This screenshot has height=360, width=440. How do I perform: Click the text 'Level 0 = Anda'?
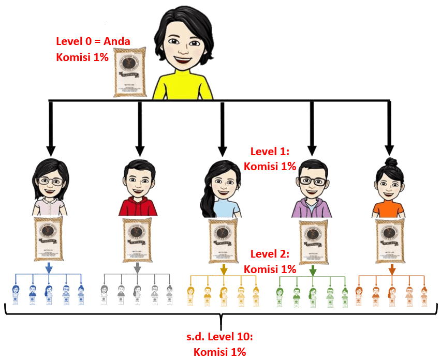click(x=93, y=41)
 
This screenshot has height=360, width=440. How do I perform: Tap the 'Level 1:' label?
click(x=270, y=152)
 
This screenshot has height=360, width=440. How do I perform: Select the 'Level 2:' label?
click(x=270, y=254)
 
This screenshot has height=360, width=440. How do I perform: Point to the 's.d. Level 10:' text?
click(x=219, y=338)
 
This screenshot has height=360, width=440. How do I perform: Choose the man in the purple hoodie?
click(x=312, y=189)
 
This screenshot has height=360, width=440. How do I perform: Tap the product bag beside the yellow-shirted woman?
click(x=130, y=72)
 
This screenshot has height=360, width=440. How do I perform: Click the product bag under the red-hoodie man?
click(x=137, y=239)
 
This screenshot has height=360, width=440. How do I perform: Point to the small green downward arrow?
click(x=313, y=269)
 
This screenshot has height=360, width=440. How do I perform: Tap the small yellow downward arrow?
click(x=224, y=269)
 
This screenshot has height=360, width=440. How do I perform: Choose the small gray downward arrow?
click(x=137, y=268)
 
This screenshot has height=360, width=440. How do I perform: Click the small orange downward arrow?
click(x=392, y=269)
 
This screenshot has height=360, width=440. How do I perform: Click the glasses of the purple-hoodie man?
click(x=313, y=181)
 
